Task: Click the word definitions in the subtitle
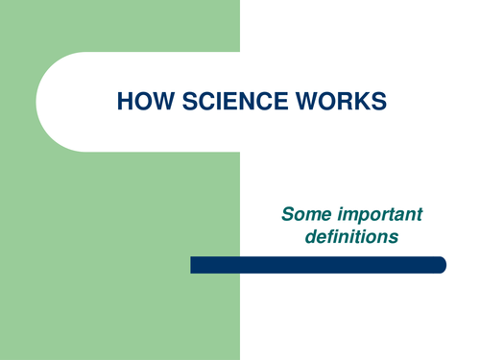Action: point(350,234)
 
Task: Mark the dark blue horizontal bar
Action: point(318,265)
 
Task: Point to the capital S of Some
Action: point(287,213)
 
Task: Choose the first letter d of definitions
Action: point(311,234)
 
